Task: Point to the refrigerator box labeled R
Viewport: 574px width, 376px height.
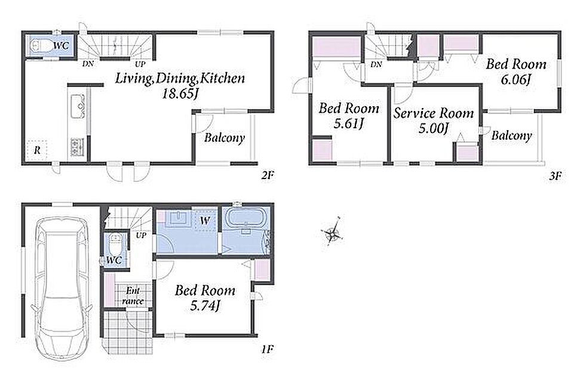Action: point(37,150)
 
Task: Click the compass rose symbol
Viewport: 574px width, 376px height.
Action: point(332,231)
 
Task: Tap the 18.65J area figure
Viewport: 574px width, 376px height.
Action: point(180,94)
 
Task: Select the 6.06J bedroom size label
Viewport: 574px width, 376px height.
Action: point(515,79)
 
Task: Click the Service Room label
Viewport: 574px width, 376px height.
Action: point(434,113)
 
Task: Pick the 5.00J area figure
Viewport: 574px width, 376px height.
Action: point(434,129)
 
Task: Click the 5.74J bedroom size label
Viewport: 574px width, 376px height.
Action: point(205,306)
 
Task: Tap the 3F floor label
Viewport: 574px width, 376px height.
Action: point(555,177)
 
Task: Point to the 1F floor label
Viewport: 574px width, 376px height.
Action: point(268,350)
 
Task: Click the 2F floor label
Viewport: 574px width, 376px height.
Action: point(268,176)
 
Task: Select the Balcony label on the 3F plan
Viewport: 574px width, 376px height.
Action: point(511,135)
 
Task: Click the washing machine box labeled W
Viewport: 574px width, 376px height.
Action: point(205,221)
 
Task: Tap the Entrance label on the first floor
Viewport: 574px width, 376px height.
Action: point(133,296)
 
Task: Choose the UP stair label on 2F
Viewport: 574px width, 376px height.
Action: point(140,64)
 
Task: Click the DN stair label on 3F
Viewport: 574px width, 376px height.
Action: point(376,64)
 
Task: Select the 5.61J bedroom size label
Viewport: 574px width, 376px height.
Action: point(348,124)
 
